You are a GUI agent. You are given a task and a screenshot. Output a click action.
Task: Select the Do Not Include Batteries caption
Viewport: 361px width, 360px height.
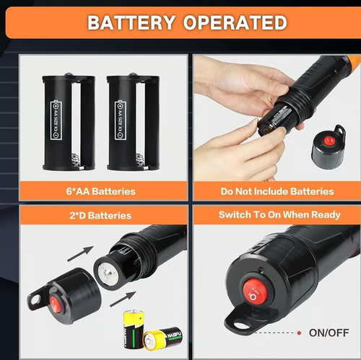pyautogui.click(x=277, y=191)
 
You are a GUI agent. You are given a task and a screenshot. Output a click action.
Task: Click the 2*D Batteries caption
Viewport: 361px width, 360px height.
pyautogui.click(x=100, y=215)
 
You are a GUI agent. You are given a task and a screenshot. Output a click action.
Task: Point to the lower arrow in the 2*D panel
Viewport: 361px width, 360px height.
pyautogui.click(x=123, y=298)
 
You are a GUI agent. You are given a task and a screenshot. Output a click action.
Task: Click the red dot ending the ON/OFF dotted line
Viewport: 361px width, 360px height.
pyautogui.click(x=298, y=333)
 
